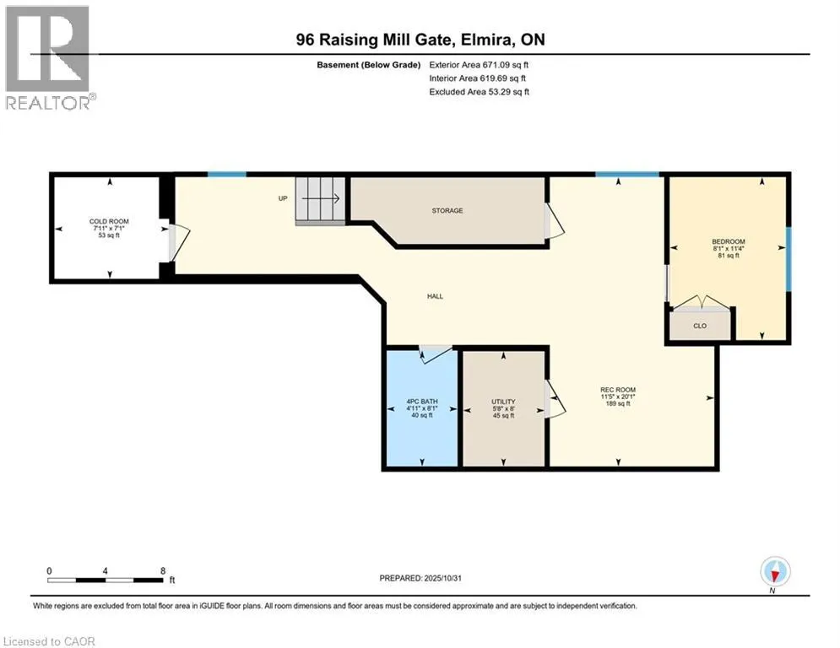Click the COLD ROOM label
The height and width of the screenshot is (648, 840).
point(108,221)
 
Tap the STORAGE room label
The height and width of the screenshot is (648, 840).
point(447,210)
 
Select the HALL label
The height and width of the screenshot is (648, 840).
point(435,296)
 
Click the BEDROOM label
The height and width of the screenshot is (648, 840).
point(728,242)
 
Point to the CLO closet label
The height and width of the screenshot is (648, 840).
point(700,324)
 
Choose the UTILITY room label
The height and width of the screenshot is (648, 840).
point(503,402)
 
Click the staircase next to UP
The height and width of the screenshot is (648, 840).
point(320,201)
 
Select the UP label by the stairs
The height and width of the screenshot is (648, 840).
point(284,199)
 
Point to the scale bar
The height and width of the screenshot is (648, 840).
point(106,580)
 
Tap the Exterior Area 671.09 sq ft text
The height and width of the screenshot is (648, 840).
point(479,64)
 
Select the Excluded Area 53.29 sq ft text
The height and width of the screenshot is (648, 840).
point(479,91)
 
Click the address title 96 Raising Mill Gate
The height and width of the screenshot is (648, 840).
point(420,40)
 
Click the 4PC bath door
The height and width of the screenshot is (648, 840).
point(436,353)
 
